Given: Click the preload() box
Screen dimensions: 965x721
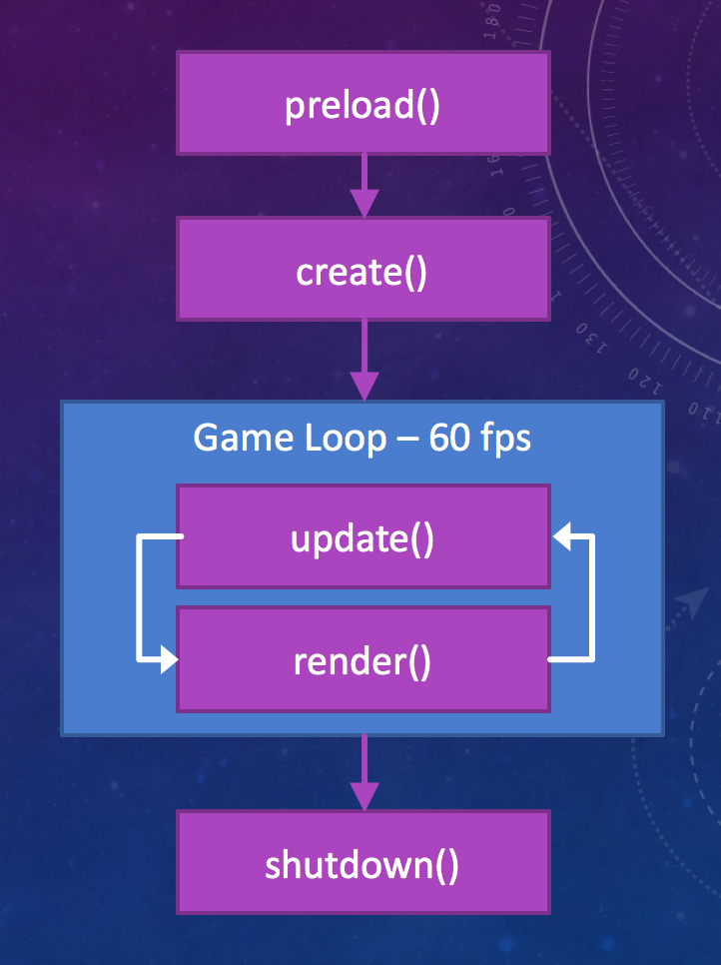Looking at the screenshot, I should (362, 104).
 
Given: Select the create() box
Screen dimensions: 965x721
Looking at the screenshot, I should (362, 270).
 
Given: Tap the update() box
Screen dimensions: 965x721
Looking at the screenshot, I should (362, 537).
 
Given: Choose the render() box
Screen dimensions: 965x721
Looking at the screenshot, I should (362, 660).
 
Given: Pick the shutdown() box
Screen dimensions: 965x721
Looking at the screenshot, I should (362, 862).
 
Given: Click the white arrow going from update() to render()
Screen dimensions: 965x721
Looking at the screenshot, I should (140, 599).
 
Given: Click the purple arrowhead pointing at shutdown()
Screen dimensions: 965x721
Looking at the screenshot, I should (363, 795).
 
